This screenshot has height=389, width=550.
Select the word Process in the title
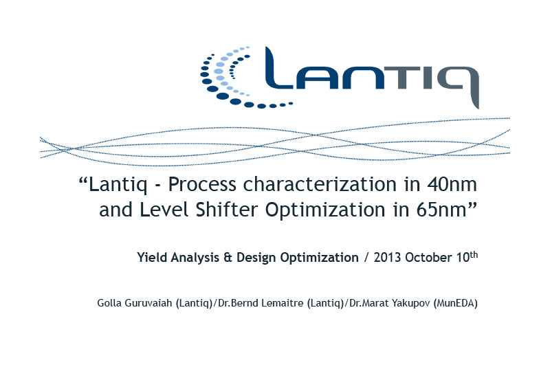click(202, 184)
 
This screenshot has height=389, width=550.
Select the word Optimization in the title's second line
click(325, 210)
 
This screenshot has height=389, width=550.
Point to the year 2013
click(387, 258)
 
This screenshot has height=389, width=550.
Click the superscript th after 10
click(474, 255)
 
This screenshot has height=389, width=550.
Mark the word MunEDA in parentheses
click(456, 303)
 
